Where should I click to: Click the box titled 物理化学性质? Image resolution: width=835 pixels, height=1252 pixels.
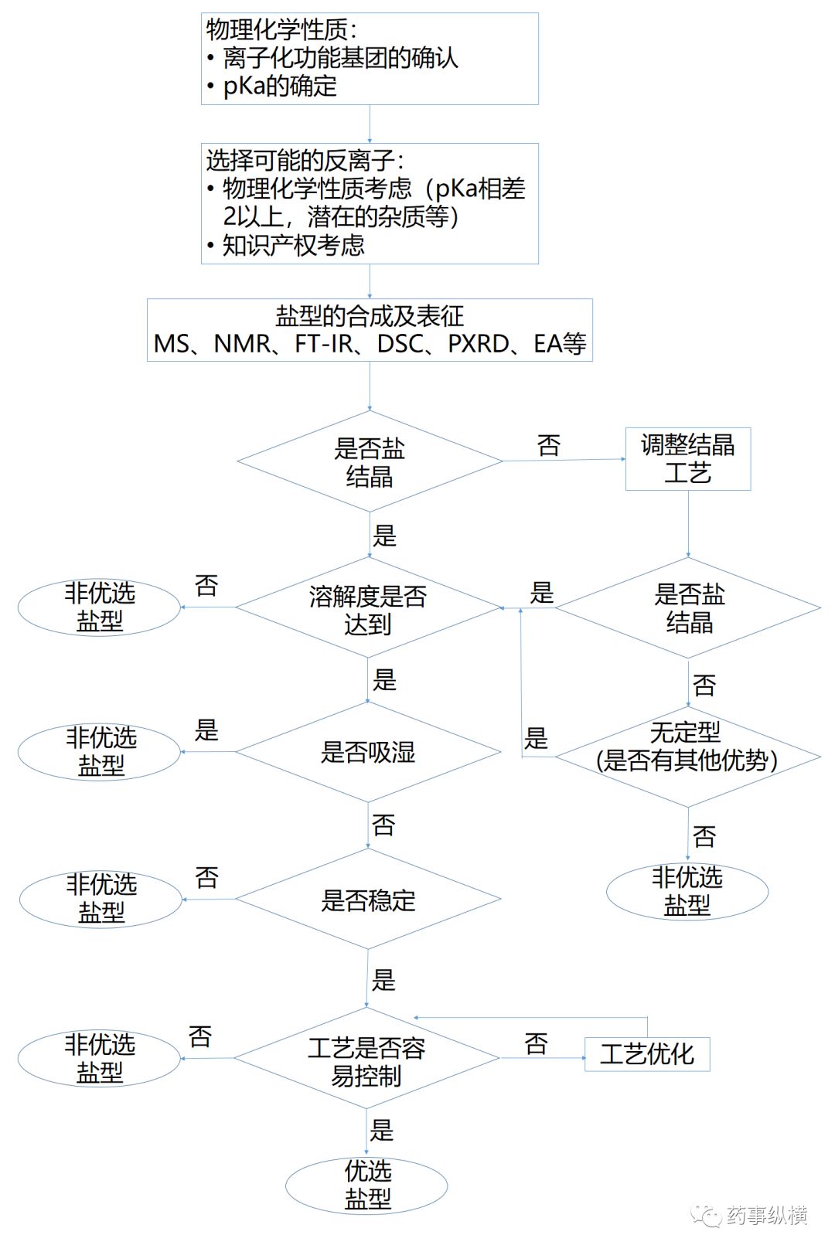(370, 59)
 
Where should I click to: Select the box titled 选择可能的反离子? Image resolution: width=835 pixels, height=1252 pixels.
(370, 203)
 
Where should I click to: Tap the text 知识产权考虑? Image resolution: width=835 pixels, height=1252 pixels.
(294, 246)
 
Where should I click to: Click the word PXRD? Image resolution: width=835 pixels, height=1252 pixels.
(479, 344)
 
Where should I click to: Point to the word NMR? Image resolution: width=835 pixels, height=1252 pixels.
(243, 344)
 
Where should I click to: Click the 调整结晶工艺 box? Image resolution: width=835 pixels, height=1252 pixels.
(687, 459)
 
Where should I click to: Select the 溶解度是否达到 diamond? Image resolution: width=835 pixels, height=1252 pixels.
(369, 608)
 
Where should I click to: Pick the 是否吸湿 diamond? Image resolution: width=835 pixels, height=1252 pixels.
(369, 752)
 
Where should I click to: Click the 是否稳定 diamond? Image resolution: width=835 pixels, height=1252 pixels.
(369, 900)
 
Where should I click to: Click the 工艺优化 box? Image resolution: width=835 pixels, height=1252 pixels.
(647, 1054)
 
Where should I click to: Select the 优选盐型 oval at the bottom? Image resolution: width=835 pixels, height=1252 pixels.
(367, 1185)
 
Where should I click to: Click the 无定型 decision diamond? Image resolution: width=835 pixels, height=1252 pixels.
(687, 747)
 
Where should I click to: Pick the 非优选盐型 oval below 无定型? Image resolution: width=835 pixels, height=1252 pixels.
(687, 891)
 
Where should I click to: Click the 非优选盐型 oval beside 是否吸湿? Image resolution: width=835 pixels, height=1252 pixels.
(100, 751)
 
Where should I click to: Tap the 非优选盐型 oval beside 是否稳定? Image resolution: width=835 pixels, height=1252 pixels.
(101, 899)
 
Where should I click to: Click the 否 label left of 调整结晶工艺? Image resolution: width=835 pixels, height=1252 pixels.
(549, 445)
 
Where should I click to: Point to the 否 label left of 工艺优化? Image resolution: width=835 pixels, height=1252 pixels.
(536, 1044)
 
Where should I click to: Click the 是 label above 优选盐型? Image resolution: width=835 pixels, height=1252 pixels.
(382, 1130)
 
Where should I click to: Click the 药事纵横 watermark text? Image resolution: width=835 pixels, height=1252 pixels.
(767, 1215)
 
